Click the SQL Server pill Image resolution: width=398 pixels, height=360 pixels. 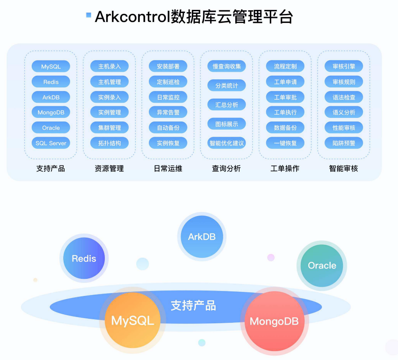click(x=51, y=143)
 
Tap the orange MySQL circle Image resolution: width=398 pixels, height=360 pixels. click(x=133, y=320)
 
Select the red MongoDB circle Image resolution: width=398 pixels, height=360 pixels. click(x=274, y=321)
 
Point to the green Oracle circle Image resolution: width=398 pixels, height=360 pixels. click(x=322, y=265)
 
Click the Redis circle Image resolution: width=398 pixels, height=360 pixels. click(x=84, y=259)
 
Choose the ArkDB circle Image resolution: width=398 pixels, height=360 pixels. click(x=202, y=237)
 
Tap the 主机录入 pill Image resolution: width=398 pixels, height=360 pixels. click(x=109, y=66)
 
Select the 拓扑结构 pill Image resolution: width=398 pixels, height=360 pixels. click(x=109, y=143)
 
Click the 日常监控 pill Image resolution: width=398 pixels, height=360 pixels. click(x=168, y=97)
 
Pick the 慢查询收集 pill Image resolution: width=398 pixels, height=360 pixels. click(x=227, y=66)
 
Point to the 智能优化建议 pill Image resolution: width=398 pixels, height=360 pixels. click(x=227, y=143)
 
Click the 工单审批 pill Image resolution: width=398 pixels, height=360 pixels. click(x=285, y=97)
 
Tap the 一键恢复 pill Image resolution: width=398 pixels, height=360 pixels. click(x=285, y=143)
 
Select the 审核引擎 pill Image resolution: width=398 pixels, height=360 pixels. click(x=344, y=66)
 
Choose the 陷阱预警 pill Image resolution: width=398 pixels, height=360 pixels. click(x=344, y=143)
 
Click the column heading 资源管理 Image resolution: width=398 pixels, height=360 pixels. click(x=109, y=169)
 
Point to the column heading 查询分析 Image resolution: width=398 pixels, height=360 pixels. click(x=227, y=169)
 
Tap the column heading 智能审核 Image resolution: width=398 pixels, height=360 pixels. click(x=344, y=169)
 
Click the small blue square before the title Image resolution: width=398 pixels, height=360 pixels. click(x=89, y=15)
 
